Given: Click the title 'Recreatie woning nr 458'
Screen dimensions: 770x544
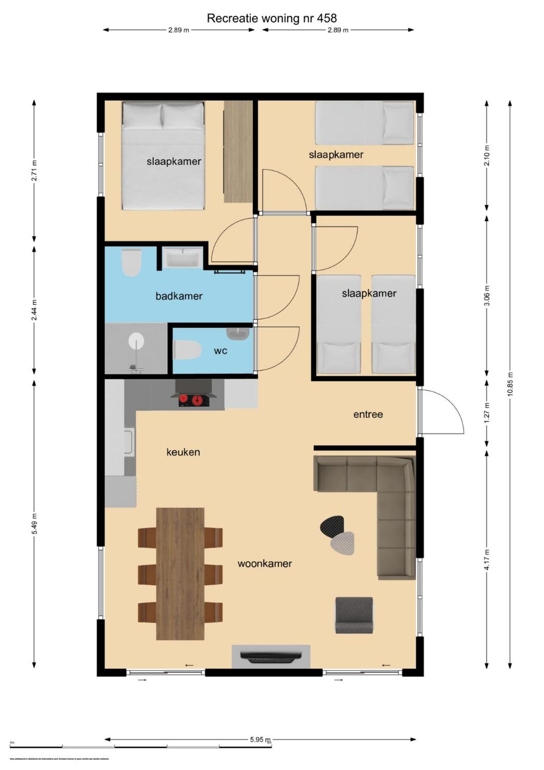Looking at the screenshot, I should pos(272,18).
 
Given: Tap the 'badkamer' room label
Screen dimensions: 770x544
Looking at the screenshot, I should pos(179,296).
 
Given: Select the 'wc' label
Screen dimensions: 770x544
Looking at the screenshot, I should pos(220,351).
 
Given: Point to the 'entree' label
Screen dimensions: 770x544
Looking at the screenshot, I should pos(368,414).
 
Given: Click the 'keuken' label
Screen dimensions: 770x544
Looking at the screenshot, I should pos(183,452).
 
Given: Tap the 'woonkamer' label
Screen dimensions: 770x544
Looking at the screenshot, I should pos(264,563).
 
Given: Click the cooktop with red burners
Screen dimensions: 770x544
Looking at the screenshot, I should pos(193,400).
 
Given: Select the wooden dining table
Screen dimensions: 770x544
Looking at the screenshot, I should pos(180,573).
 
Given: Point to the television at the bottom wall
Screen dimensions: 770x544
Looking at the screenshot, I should pos(271,656).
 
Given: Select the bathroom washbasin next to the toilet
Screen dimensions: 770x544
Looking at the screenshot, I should pos(183,257).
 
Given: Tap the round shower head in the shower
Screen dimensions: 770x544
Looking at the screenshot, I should pos(136,341).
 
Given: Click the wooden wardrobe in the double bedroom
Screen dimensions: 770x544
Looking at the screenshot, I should pos(238,152).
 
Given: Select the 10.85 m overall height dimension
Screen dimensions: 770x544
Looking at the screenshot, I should pos(510,384).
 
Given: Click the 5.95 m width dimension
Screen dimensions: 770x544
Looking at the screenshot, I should pos(260,739).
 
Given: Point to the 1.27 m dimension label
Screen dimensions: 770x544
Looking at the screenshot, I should pos(487,415).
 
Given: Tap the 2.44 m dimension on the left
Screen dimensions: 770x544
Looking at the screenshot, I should pos(34,310).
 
